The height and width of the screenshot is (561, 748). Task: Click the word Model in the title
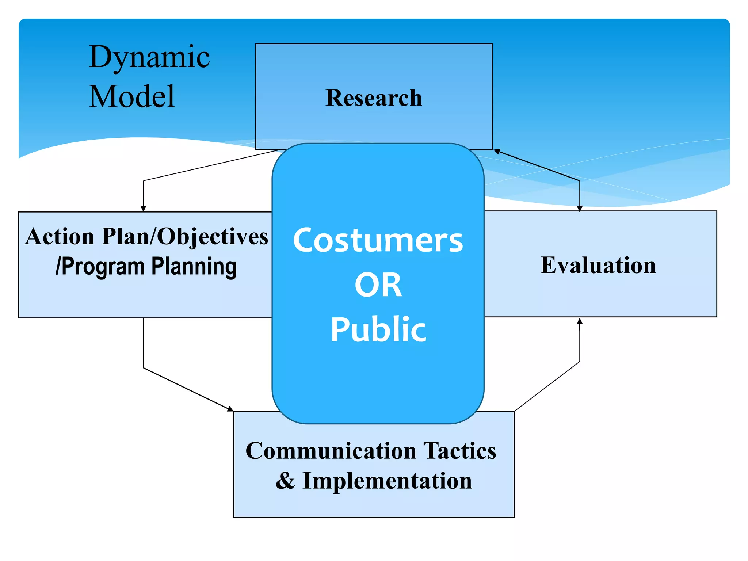point(132,96)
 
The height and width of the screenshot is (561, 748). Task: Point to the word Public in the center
point(378,329)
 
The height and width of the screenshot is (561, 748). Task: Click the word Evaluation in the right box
point(598,265)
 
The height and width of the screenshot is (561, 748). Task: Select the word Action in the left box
point(60,237)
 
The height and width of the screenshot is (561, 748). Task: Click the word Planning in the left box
point(194,267)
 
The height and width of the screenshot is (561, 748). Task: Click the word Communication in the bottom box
point(331,451)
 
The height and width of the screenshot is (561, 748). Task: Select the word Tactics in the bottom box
point(460,451)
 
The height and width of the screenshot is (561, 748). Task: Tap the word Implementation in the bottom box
point(387,481)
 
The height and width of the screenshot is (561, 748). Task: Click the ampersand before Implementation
point(285,481)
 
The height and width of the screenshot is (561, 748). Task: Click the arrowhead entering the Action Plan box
point(143,208)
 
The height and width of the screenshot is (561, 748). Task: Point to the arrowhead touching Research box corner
point(497,151)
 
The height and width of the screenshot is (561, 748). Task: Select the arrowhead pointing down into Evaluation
point(579,208)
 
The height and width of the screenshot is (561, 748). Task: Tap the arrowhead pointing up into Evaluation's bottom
point(579,321)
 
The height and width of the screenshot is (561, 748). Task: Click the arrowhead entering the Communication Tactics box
point(230,409)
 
